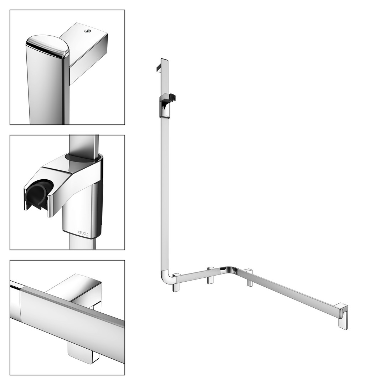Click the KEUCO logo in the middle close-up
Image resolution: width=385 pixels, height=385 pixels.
pos(83,233)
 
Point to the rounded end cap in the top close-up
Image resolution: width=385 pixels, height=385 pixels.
pos(48,47)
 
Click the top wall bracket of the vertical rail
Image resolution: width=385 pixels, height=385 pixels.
pos(158,68)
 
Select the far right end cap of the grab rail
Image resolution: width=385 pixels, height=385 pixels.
pos(343,315)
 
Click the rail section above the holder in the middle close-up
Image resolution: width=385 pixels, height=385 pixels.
pos(84,145)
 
